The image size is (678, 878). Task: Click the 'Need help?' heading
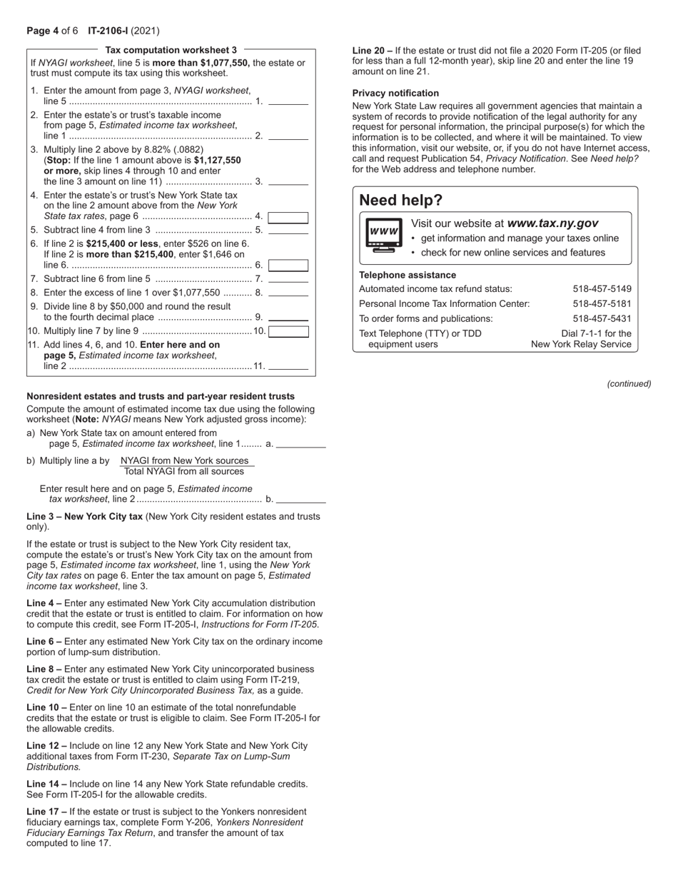pos(401,200)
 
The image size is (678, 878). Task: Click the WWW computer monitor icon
pos(383,235)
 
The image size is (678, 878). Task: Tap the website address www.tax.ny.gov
pos(552,223)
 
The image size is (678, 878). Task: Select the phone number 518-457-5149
pos(602,289)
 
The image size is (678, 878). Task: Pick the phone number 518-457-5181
pos(602,304)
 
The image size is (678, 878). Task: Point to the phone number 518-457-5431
pos(602,319)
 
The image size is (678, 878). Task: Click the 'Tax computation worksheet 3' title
pos(171,50)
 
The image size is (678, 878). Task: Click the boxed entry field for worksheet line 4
pos(288,217)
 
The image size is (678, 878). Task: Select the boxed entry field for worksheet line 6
pos(288,266)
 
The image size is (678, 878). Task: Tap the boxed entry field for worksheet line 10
pos(288,331)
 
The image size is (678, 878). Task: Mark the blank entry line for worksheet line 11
pos(288,367)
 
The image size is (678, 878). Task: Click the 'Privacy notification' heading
pos(395,94)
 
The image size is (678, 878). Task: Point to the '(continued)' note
pos(629,384)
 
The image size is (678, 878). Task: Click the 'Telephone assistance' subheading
pos(407,275)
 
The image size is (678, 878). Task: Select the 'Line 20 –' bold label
pos(372,51)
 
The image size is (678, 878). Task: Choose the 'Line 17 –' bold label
pos(46,812)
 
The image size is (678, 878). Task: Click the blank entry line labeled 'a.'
pos(300,444)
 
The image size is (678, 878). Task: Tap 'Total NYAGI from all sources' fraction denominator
pos(184,471)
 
